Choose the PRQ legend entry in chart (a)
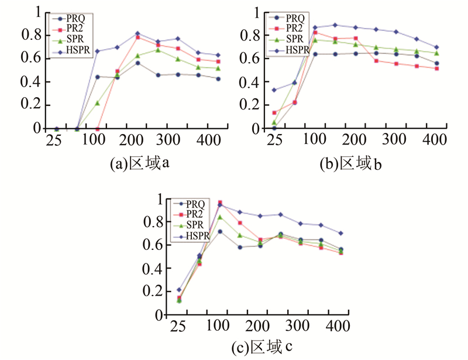pos(74,18)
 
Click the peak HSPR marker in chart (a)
pos(137,33)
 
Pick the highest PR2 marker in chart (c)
pos(220,203)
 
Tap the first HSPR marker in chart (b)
pos(274,90)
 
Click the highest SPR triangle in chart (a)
pos(158,50)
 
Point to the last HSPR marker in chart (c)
pos(341,233)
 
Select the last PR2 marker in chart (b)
pos(436,68)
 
